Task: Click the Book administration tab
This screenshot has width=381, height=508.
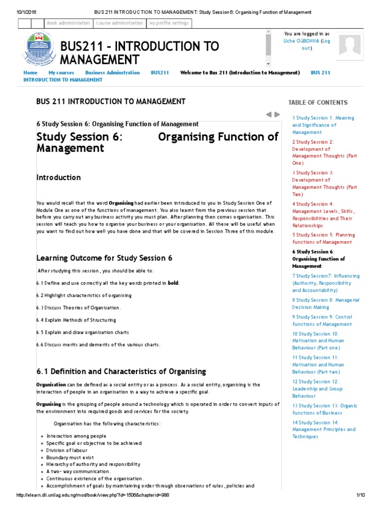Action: click(x=68, y=23)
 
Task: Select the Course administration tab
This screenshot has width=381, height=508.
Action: click(x=119, y=23)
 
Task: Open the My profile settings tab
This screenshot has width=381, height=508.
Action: click(x=169, y=23)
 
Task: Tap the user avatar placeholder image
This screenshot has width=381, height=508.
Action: click(x=350, y=45)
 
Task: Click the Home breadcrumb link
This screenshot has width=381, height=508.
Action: click(x=30, y=72)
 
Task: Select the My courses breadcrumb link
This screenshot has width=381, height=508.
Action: click(x=61, y=72)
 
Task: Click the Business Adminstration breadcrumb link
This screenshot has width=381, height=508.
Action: click(x=113, y=72)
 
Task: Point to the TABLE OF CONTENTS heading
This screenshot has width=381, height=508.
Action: click(x=317, y=103)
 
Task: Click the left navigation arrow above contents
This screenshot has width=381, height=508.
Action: click(x=268, y=114)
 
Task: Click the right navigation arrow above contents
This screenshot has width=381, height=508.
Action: click(x=277, y=114)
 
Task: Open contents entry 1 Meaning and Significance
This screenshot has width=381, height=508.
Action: click(x=323, y=125)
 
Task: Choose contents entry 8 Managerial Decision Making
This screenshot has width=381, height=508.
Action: click(x=325, y=304)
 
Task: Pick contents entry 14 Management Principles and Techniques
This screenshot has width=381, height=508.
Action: click(x=323, y=430)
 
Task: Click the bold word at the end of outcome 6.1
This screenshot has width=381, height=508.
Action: click(x=173, y=283)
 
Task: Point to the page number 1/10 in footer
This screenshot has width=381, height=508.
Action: click(x=360, y=496)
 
